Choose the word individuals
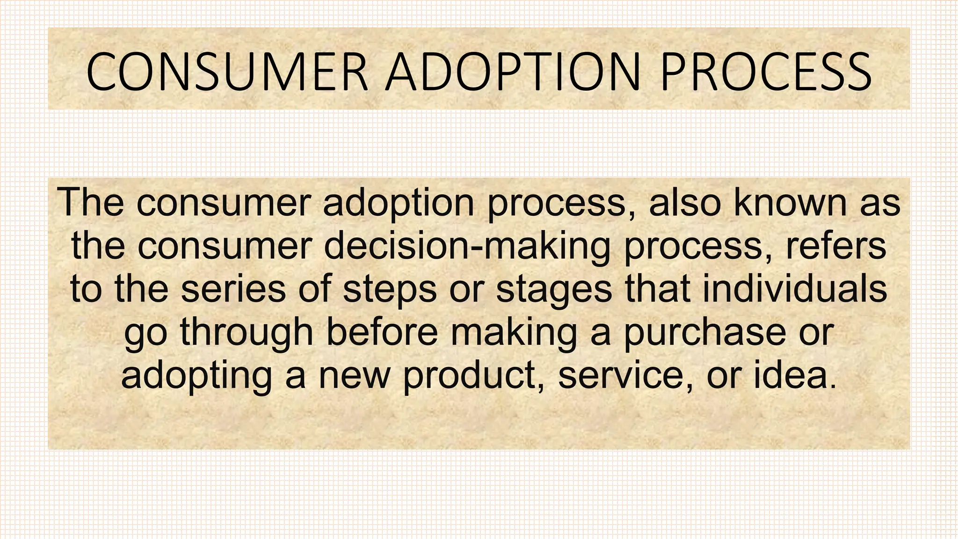point(795,289)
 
